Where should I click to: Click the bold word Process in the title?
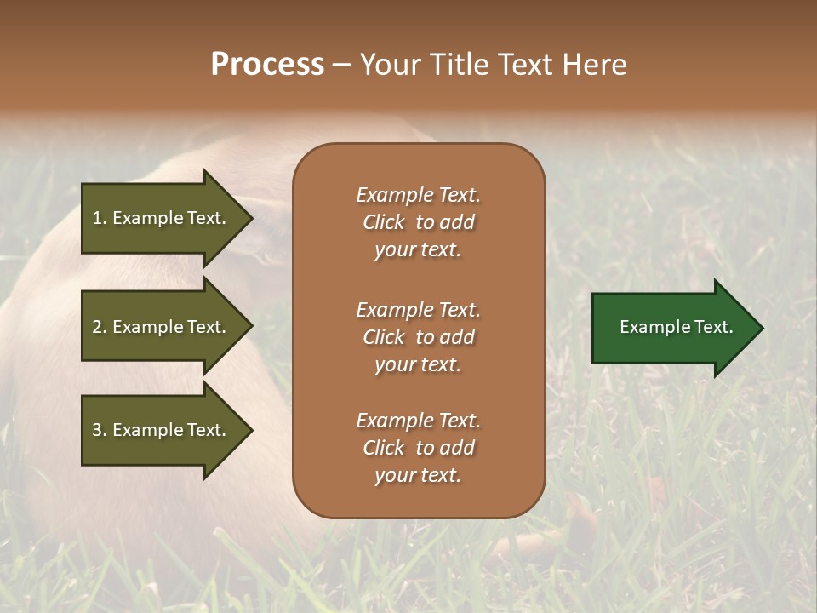pyautogui.click(x=267, y=65)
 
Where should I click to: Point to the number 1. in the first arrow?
pyautogui.click(x=100, y=218)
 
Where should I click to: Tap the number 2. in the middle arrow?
pyautogui.click(x=100, y=327)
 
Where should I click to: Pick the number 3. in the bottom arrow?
pyautogui.click(x=100, y=430)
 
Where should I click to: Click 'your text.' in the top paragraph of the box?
pyautogui.click(x=418, y=250)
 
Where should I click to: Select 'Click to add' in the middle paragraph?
pyautogui.click(x=418, y=337)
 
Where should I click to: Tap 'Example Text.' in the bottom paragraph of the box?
pyautogui.click(x=418, y=421)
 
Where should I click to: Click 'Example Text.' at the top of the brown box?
pyautogui.click(x=418, y=195)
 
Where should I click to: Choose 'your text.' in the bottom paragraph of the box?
pyautogui.click(x=418, y=476)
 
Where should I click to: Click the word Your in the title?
pyautogui.click(x=391, y=65)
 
